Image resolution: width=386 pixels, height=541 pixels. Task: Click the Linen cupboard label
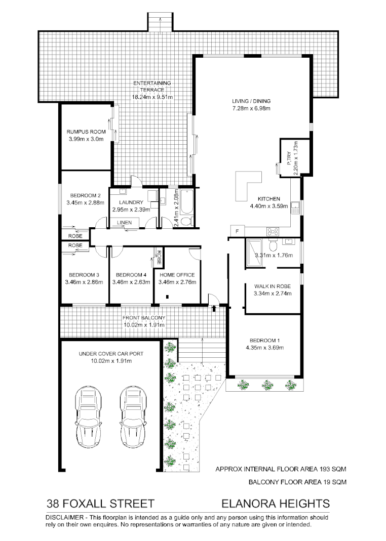[x=124, y=223]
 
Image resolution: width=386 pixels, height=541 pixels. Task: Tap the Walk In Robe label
[x=272, y=285]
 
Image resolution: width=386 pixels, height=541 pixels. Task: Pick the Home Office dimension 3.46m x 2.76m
[x=177, y=282]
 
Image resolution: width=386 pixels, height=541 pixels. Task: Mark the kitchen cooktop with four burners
[x=273, y=231]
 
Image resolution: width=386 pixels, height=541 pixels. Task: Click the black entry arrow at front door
[x=214, y=307]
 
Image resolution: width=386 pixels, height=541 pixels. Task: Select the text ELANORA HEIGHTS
[x=276, y=504]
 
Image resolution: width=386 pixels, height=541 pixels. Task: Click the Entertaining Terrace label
[x=152, y=86]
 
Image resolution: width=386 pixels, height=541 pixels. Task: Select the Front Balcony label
[x=144, y=318]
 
